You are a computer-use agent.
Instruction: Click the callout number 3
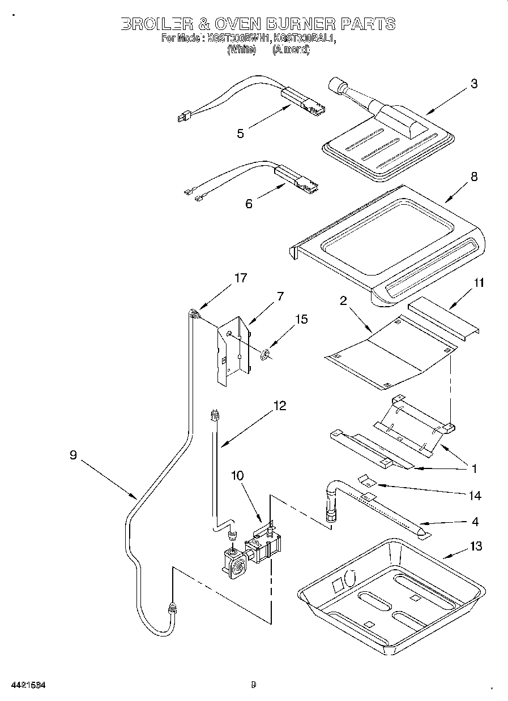coord(473,84)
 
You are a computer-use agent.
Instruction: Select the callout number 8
coord(473,177)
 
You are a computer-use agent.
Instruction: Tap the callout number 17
coord(241,278)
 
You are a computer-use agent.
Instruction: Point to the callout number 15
coord(301,320)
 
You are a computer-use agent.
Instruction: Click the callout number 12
coord(279,406)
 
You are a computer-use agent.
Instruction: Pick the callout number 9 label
coord(73,455)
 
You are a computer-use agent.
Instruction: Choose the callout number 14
coord(475,496)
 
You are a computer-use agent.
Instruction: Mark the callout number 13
coord(476,546)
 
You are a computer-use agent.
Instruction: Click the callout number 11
coord(479,283)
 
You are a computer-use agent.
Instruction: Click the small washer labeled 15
coord(265,355)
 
